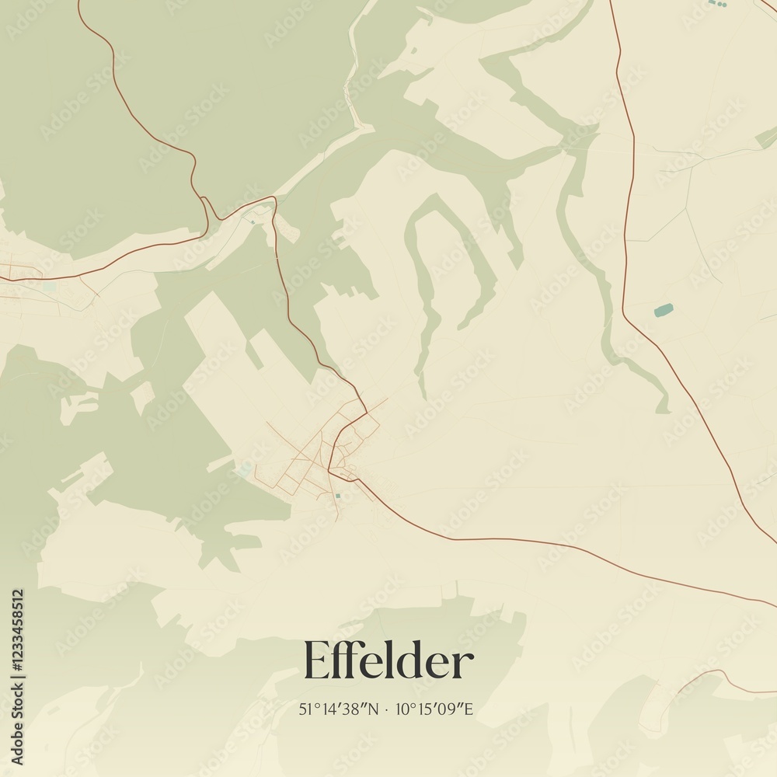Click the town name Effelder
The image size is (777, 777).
(x=388, y=662)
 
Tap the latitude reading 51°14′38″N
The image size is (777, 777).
(x=339, y=709)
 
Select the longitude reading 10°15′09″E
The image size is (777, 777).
(x=435, y=709)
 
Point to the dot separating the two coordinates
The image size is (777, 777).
(x=387, y=709)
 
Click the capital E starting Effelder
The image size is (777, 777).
(x=315, y=662)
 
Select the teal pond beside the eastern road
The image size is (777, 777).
(x=663, y=311)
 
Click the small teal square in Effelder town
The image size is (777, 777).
(x=337, y=495)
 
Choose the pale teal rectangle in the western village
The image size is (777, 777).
(x=50, y=286)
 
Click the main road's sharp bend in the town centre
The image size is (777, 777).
(x=329, y=470)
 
